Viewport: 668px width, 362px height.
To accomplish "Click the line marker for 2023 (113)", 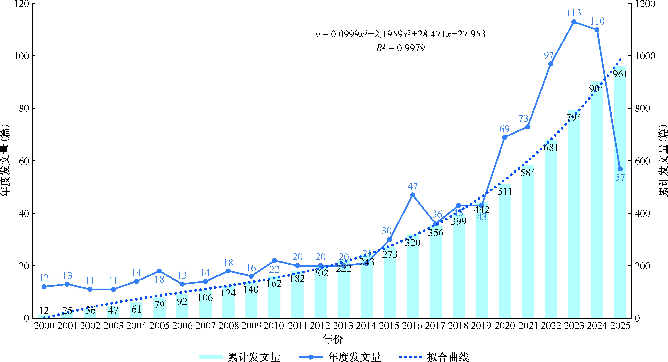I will point(574,22).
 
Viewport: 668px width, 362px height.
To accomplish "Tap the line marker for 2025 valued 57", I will point(620,169).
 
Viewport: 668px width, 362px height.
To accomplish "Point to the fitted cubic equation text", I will point(400,34).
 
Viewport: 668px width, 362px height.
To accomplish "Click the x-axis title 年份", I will point(333,339).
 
